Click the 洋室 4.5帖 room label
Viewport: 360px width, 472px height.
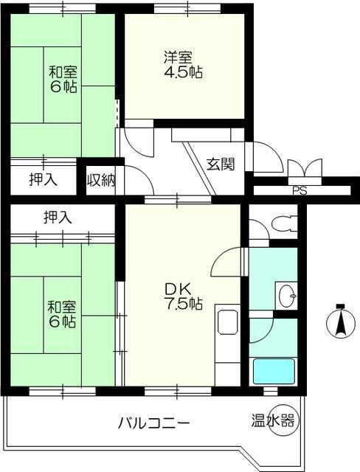point(183,65)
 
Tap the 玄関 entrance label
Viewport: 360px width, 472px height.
point(221,164)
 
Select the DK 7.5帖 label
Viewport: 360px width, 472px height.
point(183,296)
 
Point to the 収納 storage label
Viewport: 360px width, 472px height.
point(102,180)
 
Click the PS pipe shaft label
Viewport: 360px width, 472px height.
point(300,191)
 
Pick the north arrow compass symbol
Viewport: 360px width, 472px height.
point(340,322)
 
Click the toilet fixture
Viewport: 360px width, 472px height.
point(284,223)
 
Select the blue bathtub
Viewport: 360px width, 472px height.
point(274,371)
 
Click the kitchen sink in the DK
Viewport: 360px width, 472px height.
point(227,322)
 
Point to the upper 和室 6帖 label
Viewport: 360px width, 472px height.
point(63,80)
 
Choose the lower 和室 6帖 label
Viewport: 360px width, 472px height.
point(62,314)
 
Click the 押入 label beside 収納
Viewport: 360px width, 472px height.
point(44,180)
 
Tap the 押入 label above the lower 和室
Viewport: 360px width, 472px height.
point(58,217)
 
